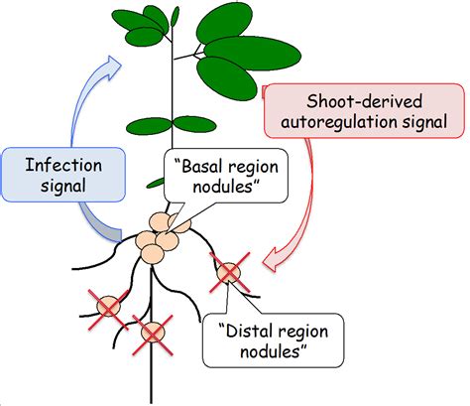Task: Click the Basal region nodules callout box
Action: (221, 177)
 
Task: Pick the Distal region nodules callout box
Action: (268, 340)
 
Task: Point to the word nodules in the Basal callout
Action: (221, 188)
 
